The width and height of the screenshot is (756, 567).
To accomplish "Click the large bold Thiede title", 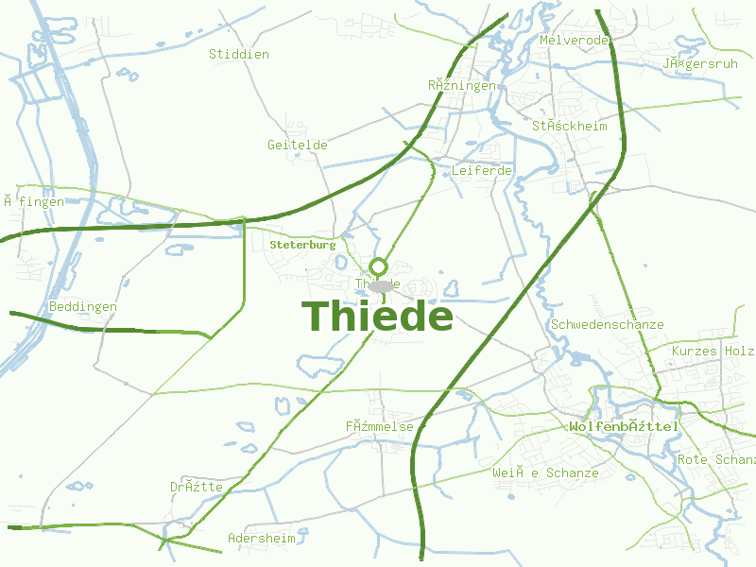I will tap(377, 317).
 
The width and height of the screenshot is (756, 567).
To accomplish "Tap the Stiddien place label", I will tap(238, 54).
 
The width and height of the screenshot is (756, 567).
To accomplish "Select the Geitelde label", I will tap(297, 145).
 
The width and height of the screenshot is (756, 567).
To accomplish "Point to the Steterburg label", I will tap(302, 244).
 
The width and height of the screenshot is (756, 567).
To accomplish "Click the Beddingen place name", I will tap(83, 307).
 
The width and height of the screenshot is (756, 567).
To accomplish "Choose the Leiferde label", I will tap(481, 170).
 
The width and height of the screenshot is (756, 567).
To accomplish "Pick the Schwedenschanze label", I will tap(607, 324).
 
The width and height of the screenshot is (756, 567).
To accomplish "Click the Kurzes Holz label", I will tap(713, 351).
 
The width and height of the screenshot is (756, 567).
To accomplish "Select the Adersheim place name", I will tap(261, 538).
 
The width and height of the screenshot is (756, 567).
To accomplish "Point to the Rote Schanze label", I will tap(715, 459).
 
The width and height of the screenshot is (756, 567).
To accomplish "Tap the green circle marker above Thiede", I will tap(379, 266).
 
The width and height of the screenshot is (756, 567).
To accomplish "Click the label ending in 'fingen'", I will tap(33, 201).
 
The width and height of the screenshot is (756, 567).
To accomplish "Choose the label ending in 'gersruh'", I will tap(699, 64).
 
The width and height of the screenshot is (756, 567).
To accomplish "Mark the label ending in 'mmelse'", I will tap(379, 427).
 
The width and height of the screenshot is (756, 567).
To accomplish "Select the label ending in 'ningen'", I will tap(461, 85).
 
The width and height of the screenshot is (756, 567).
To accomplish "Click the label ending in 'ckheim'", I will tap(569, 126).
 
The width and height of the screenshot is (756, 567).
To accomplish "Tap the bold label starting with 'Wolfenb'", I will tap(624, 427).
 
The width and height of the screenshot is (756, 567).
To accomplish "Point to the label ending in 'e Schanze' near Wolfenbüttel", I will tap(544, 472).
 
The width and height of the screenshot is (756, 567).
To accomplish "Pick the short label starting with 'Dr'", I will tap(196, 487).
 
